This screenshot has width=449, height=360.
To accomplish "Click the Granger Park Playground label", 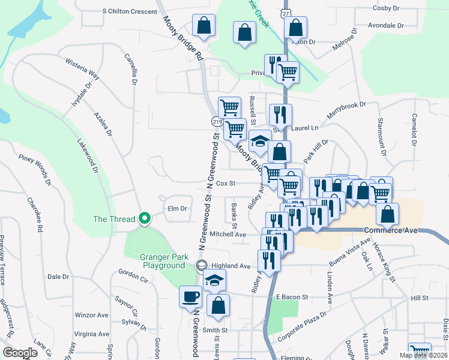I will [162, 261].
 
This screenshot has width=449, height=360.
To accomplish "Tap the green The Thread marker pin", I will [144, 219].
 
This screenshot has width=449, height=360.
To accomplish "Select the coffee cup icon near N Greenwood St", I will [191, 296].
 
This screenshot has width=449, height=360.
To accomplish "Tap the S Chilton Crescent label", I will [129, 11].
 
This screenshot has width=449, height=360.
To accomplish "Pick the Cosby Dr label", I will [386, 8].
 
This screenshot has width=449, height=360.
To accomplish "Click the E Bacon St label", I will [292, 297].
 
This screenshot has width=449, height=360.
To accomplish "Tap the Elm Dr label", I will [178, 208].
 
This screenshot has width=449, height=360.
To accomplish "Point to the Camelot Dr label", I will [414, 129].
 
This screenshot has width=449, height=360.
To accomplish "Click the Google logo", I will [20, 353].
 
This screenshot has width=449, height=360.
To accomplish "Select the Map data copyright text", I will [423, 355].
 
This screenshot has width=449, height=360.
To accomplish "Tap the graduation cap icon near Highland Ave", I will [214, 280].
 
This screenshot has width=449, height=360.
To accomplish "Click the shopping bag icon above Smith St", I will [218, 305].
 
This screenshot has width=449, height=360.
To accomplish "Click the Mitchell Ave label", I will [228, 234].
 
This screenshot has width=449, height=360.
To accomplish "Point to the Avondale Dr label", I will [386, 26].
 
